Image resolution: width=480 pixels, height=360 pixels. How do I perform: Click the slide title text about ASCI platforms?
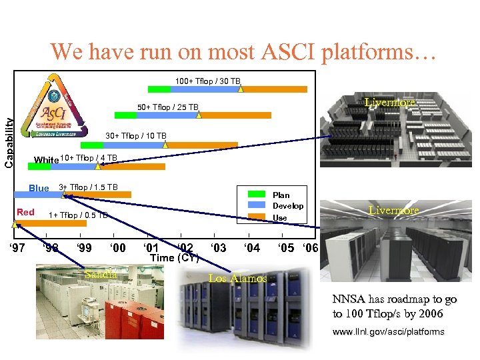243,52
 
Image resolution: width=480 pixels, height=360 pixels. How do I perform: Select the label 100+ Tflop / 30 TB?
207,81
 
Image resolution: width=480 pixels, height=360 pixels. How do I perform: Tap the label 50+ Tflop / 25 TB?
167,107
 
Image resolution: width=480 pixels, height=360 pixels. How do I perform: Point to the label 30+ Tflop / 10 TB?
136,136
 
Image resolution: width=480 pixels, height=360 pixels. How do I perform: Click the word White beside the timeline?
46,160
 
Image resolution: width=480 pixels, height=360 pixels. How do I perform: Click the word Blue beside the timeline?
39,188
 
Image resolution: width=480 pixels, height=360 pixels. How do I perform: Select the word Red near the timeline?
26,212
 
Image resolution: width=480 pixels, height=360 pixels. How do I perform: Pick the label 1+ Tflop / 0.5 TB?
79,215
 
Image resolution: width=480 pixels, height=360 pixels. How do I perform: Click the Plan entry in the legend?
281,195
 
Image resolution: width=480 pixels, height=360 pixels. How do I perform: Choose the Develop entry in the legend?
287,206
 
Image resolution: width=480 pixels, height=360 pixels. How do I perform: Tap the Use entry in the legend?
280,217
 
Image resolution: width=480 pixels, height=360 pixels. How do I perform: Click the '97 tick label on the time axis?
17,248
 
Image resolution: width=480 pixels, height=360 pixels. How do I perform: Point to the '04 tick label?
251,248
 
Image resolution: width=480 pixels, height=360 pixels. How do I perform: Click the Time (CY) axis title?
175,258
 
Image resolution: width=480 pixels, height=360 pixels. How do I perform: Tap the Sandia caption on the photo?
101,274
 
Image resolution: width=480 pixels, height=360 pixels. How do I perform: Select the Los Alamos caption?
237,278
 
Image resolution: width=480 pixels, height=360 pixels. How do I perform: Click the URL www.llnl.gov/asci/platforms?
388,331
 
